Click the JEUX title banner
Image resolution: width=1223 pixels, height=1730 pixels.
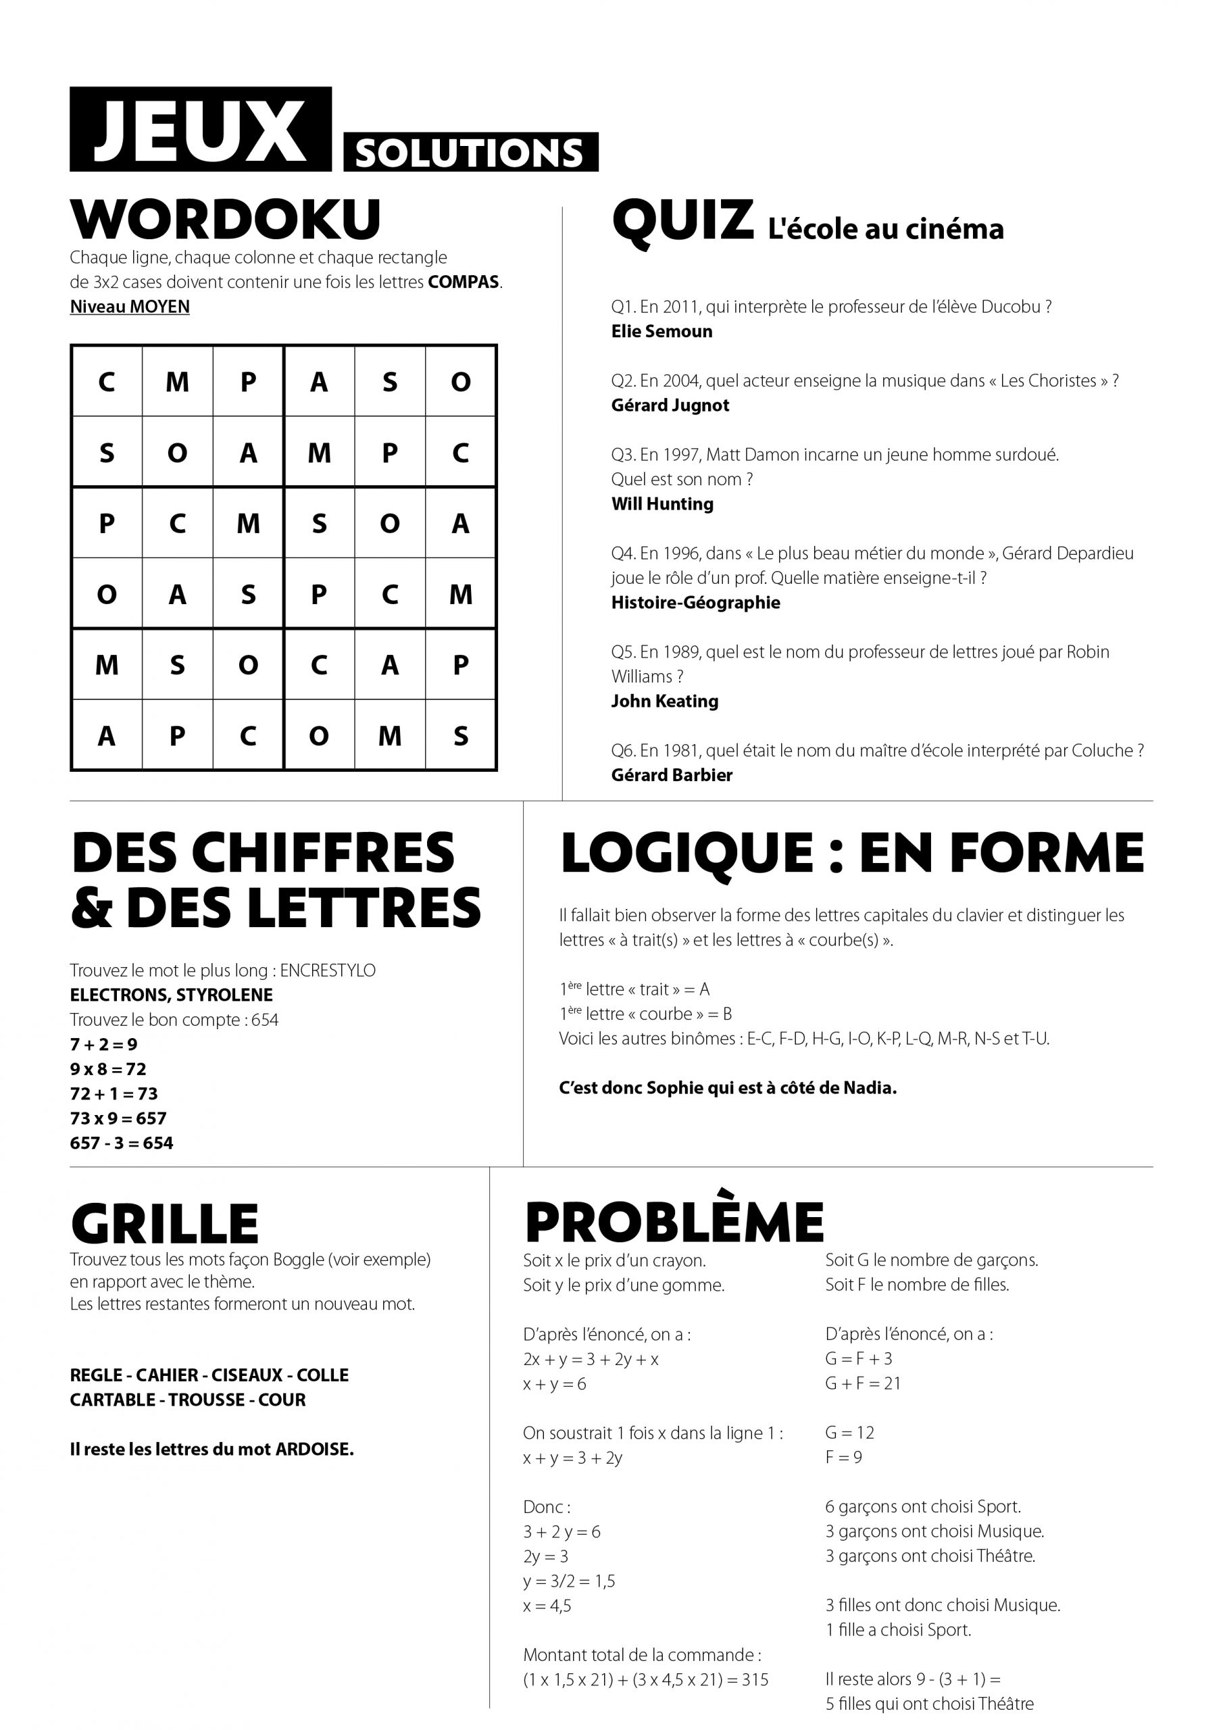[x=201, y=130]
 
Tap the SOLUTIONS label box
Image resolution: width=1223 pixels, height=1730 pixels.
[x=470, y=152]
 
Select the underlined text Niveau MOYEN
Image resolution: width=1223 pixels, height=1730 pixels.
[x=130, y=307]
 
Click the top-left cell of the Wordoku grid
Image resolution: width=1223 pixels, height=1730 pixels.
[x=106, y=381]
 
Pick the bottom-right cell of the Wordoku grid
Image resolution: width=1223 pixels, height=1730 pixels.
[x=460, y=735]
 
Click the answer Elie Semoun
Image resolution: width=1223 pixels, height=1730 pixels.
[x=662, y=332]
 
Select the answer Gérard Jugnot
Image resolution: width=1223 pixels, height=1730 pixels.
[x=670, y=405]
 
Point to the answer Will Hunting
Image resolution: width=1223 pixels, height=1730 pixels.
[x=662, y=504]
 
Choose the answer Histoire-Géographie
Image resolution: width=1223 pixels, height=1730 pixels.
[x=695, y=603]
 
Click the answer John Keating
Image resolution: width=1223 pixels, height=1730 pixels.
[x=665, y=701]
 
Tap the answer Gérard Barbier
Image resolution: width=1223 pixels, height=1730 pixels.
[x=672, y=775]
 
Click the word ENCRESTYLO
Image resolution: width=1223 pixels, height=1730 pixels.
[x=328, y=970]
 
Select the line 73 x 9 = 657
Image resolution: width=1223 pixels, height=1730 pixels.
[x=118, y=1118]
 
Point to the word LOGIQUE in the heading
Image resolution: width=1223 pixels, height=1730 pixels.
[x=687, y=854]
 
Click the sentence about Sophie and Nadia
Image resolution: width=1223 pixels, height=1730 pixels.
[x=728, y=1088]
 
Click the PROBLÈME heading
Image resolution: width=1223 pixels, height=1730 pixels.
[x=674, y=1223]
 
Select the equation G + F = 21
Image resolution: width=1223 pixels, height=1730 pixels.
[x=863, y=1383]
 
